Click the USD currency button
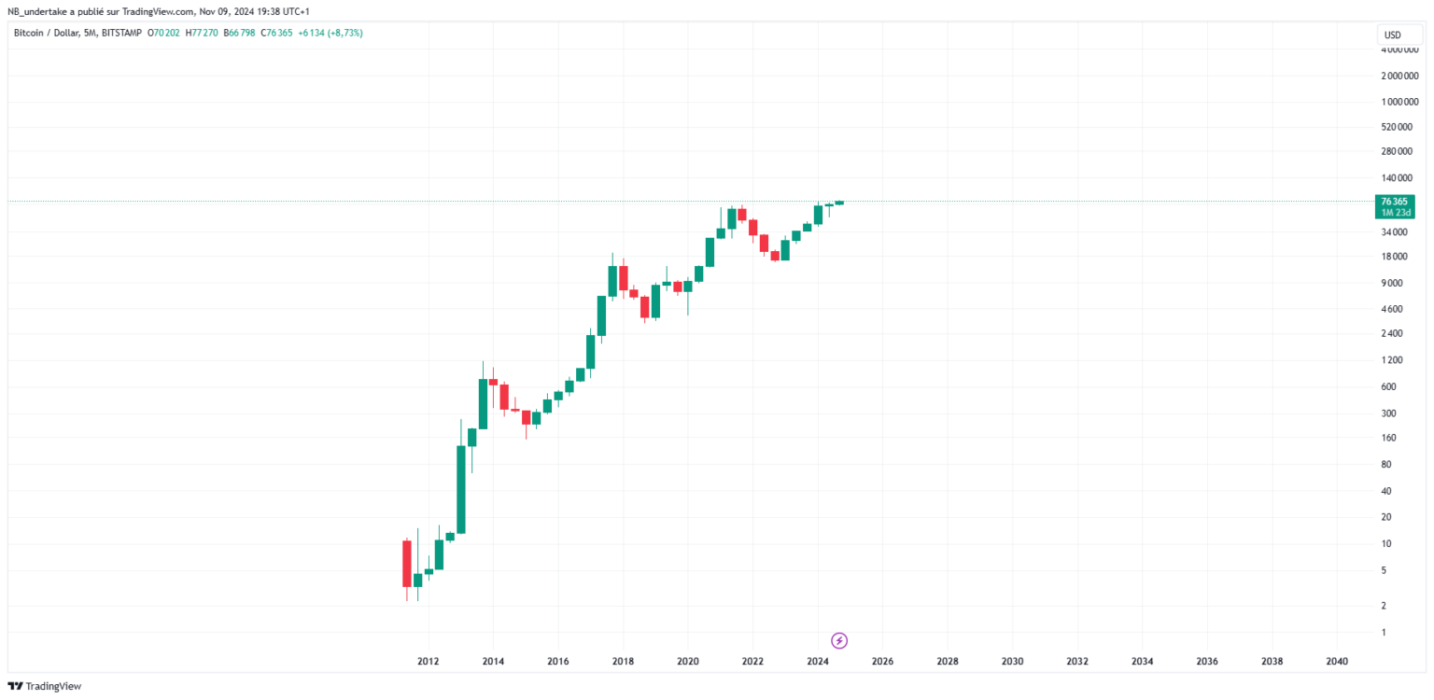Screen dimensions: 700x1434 click(x=1392, y=35)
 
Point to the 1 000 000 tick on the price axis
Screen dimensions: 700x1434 click(x=1400, y=102)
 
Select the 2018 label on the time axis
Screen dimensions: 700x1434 click(x=623, y=662)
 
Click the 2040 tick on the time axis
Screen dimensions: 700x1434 click(x=1336, y=662)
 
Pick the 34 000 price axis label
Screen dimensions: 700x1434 click(x=1397, y=231)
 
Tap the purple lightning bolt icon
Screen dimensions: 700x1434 click(x=839, y=640)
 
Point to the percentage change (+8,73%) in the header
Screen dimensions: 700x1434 click(x=344, y=33)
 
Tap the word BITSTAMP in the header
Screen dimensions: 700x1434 click(x=119, y=33)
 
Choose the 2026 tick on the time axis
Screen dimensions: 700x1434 click(x=882, y=662)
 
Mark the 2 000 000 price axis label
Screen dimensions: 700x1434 click(x=1400, y=76)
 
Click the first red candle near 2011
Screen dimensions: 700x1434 click(x=407, y=563)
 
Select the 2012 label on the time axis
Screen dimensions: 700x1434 click(x=429, y=662)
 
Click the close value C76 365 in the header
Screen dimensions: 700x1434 click(x=277, y=33)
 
